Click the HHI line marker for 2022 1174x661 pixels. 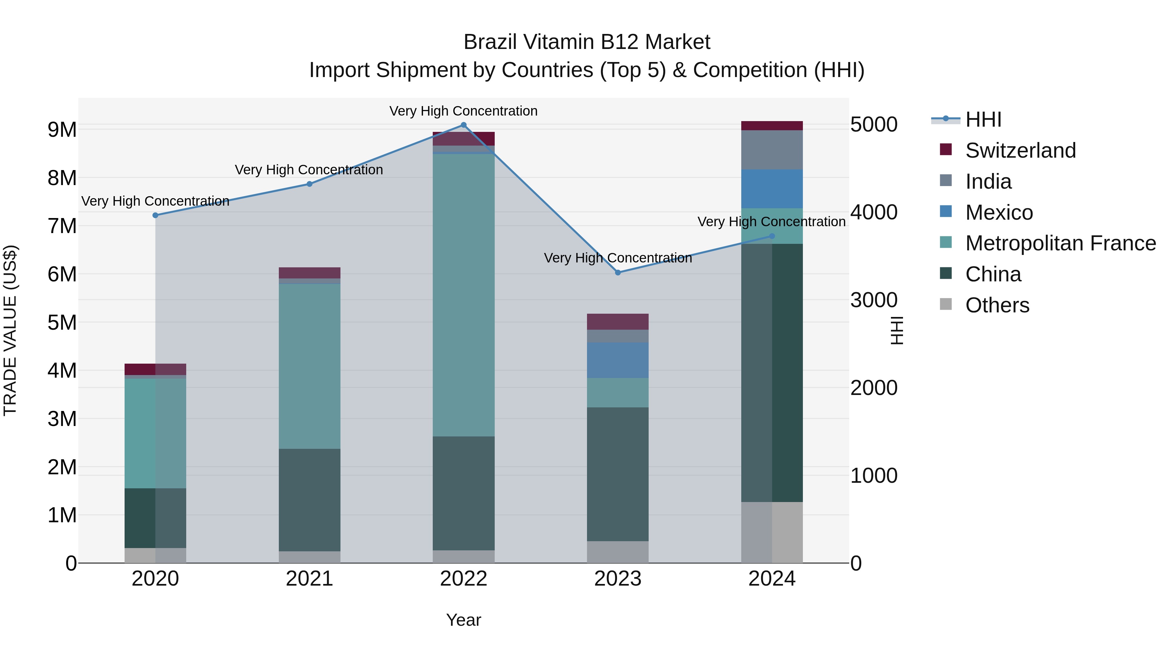(x=463, y=125)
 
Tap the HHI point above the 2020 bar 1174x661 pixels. (x=156, y=215)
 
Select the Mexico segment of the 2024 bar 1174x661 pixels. (x=772, y=189)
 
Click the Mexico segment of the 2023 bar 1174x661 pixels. (x=618, y=360)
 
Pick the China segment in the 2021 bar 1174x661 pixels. (x=309, y=500)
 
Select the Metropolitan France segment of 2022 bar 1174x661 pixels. (x=463, y=295)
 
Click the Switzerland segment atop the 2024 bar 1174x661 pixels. (x=772, y=126)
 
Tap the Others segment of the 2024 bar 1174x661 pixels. (x=772, y=532)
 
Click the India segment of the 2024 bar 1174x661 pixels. (x=772, y=150)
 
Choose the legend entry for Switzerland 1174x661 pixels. (x=1020, y=150)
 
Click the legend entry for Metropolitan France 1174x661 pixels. (x=1060, y=244)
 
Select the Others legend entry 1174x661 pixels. (x=997, y=305)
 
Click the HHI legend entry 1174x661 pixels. (x=983, y=119)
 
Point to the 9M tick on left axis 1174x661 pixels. (x=62, y=130)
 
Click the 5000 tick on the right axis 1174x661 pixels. (x=874, y=125)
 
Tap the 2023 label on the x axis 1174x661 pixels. (x=618, y=579)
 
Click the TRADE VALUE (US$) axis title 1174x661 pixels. (x=10, y=330)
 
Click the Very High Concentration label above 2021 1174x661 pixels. (x=309, y=170)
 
